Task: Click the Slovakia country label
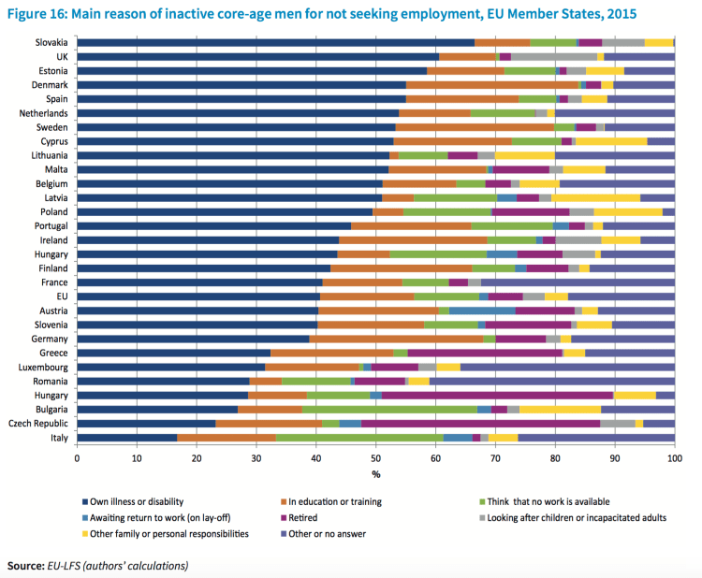pyautogui.click(x=51, y=42)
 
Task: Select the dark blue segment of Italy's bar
pyautogui.click(x=126, y=437)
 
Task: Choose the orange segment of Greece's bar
pyautogui.click(x=332, y=353)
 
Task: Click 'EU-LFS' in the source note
pyautogui.click(x=65, y=565)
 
